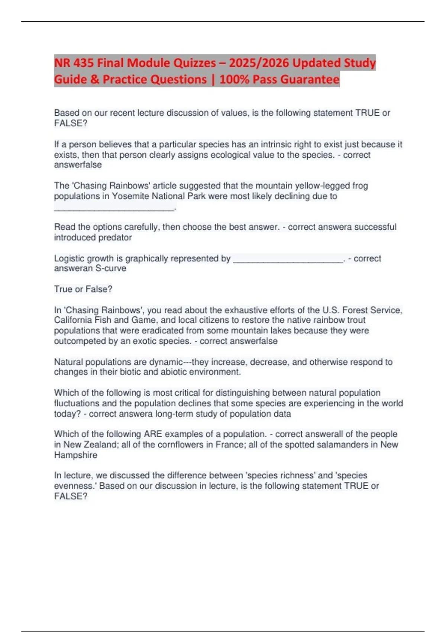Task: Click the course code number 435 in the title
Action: (x=84, y=63)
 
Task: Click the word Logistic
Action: (x=70, y=258)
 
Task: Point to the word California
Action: (x=73, y=320)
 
